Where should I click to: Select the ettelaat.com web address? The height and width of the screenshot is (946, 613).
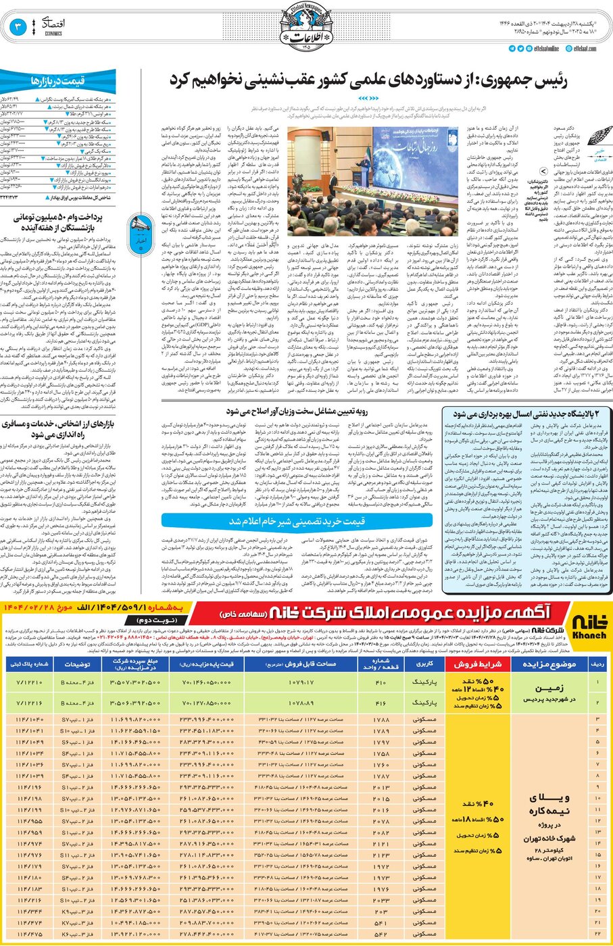click(584, 49)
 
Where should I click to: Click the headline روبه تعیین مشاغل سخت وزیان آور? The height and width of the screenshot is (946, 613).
click(297, 411)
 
